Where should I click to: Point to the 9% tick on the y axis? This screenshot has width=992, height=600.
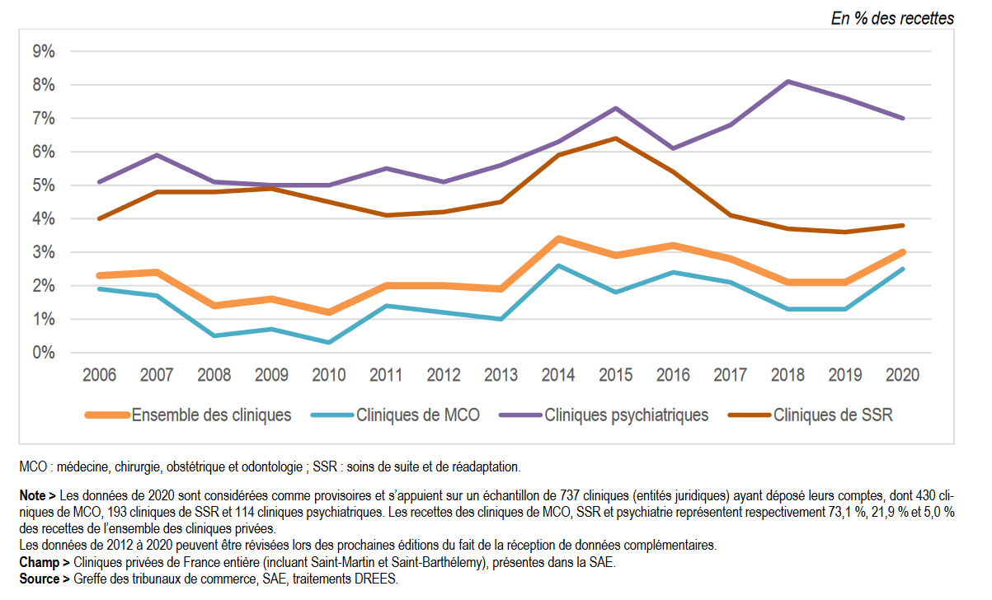44,52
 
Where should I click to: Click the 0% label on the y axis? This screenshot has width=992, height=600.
44,353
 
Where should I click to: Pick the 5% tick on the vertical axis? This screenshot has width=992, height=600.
44,185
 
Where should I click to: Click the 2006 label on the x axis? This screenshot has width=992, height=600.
99,376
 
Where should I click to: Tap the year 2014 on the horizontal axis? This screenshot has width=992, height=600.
558,376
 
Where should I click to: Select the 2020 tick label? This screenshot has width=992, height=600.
902,376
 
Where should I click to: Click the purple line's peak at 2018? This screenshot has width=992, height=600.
787,82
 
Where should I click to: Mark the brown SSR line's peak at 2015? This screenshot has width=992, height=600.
615,138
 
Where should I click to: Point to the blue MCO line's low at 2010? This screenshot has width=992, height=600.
328,342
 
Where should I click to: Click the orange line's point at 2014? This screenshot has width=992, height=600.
558,239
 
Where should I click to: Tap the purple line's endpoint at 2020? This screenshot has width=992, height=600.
902,118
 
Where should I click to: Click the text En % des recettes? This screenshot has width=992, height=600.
892,18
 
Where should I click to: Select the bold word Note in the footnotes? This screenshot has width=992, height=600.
35,496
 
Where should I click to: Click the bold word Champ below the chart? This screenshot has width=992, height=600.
39,562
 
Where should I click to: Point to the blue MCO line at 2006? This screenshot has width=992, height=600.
99,288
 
